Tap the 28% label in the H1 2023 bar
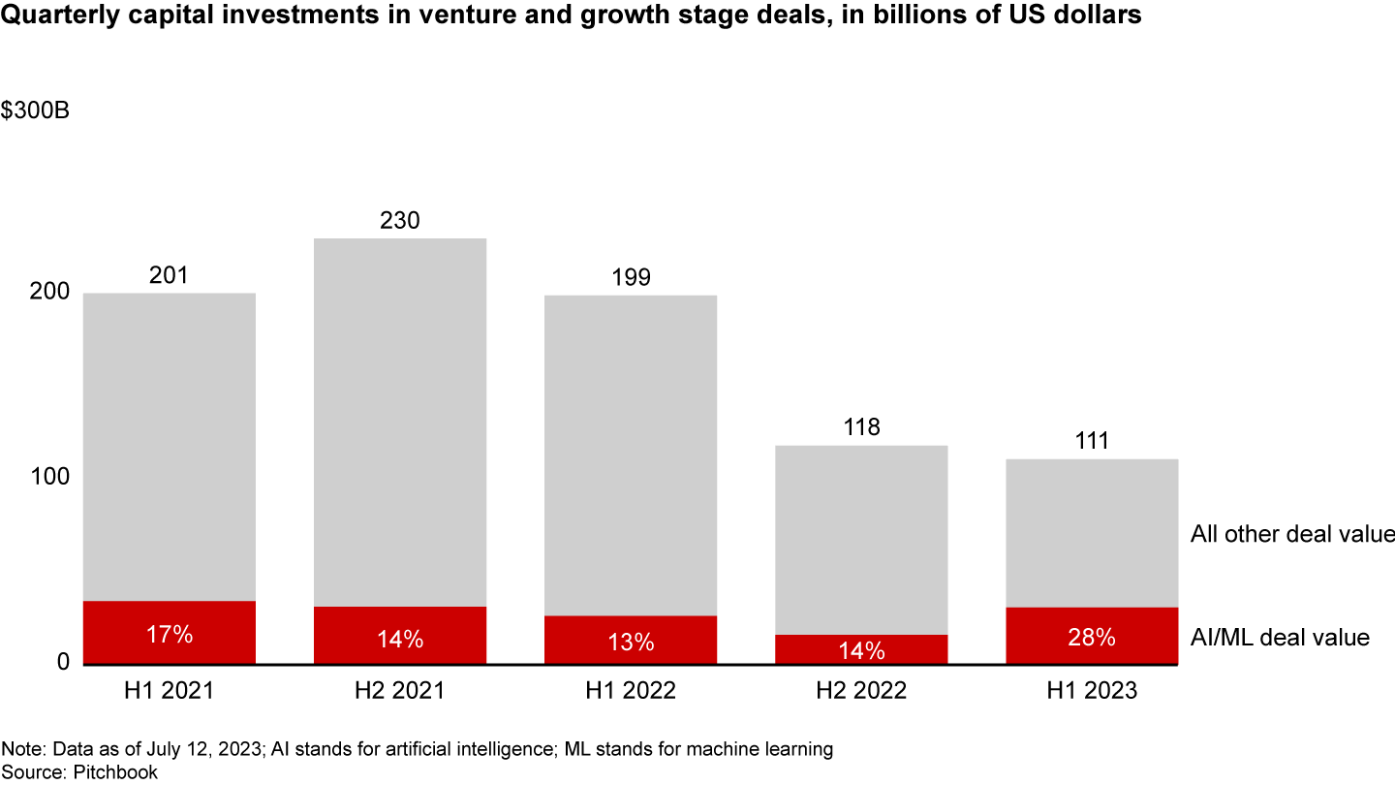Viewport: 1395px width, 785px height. (x=1091, y=638)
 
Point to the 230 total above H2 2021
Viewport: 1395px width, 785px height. (x=399, y=221)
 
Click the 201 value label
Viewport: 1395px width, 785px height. (x=169, y=276)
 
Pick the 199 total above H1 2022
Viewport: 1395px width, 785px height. (x=631, y=278)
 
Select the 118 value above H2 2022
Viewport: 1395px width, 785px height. (x=861, y=427)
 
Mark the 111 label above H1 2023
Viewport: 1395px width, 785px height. (x=1092, y=441)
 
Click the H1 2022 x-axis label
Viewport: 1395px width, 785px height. (x=631, y=690)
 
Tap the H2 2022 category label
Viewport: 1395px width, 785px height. (x=861, y=690)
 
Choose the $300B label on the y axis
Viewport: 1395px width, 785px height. (x=35, y=110)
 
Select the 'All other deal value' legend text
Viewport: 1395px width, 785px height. (x=1291, y=534)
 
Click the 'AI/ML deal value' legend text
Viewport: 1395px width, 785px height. (x=1279, y=637)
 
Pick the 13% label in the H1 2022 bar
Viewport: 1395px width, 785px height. (x=631, y=642)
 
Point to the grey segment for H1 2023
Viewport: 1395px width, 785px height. (x=1092, y=533)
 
